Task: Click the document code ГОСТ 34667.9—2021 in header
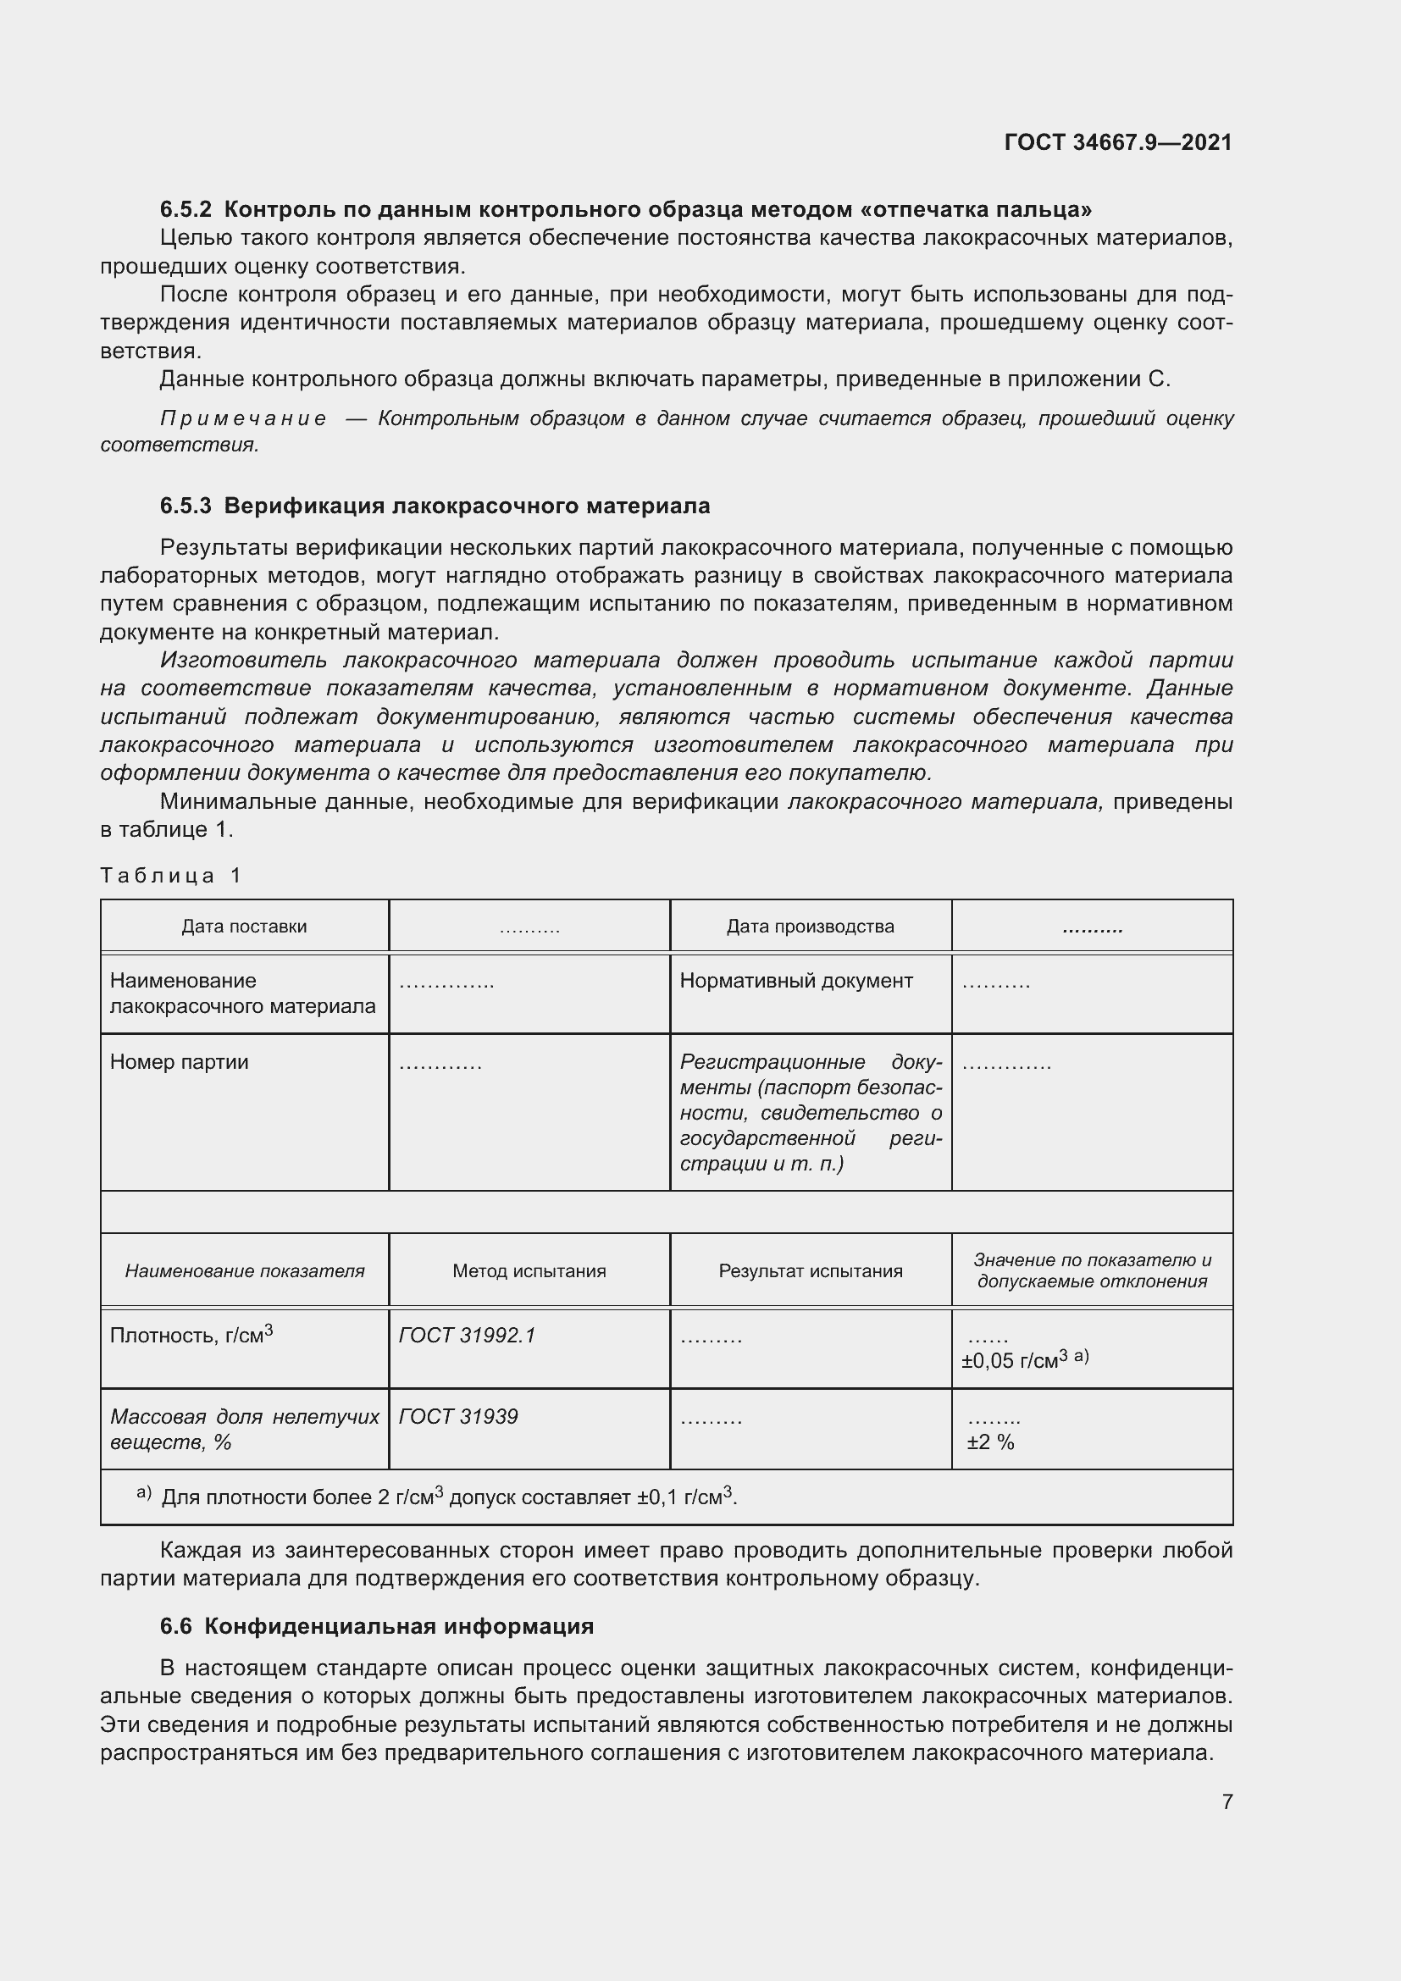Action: pyautogui.click(x=1118, y=142)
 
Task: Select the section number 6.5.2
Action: pyautogui.click(x=186, y=210)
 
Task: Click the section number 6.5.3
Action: pyautogui.click(x=186, y=506)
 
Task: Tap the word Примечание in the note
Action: pyautogui.click(x=244, y=419)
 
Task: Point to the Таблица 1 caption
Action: pyautogui.click(x=171, y=876)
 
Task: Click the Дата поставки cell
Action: pyautogui.click(x=244, y=927)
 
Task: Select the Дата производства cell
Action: pyautogui.click(x=810, y=927)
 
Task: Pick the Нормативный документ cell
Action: pyautogui.click(x=795, y=981)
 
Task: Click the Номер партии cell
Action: pyautogui.click(x=180, y=1062)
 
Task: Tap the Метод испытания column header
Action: pyautogui.click(x=529, y=1271)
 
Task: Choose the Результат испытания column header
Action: pyautogui.click(x=810, y=1271)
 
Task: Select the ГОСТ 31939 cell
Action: pyautogui.click(x=458, y=1417)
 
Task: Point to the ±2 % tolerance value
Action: pyautogui.click(x=990, y=1442)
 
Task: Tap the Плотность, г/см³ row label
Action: pyautogui.click(x=191, y=1336)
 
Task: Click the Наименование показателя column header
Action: pyautogui.click(x=244, y=1271)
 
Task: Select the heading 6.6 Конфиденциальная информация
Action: pyautogui.click(x=377, y=1626)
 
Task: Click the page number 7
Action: pyautogui.click(x=1227, y=1801)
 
